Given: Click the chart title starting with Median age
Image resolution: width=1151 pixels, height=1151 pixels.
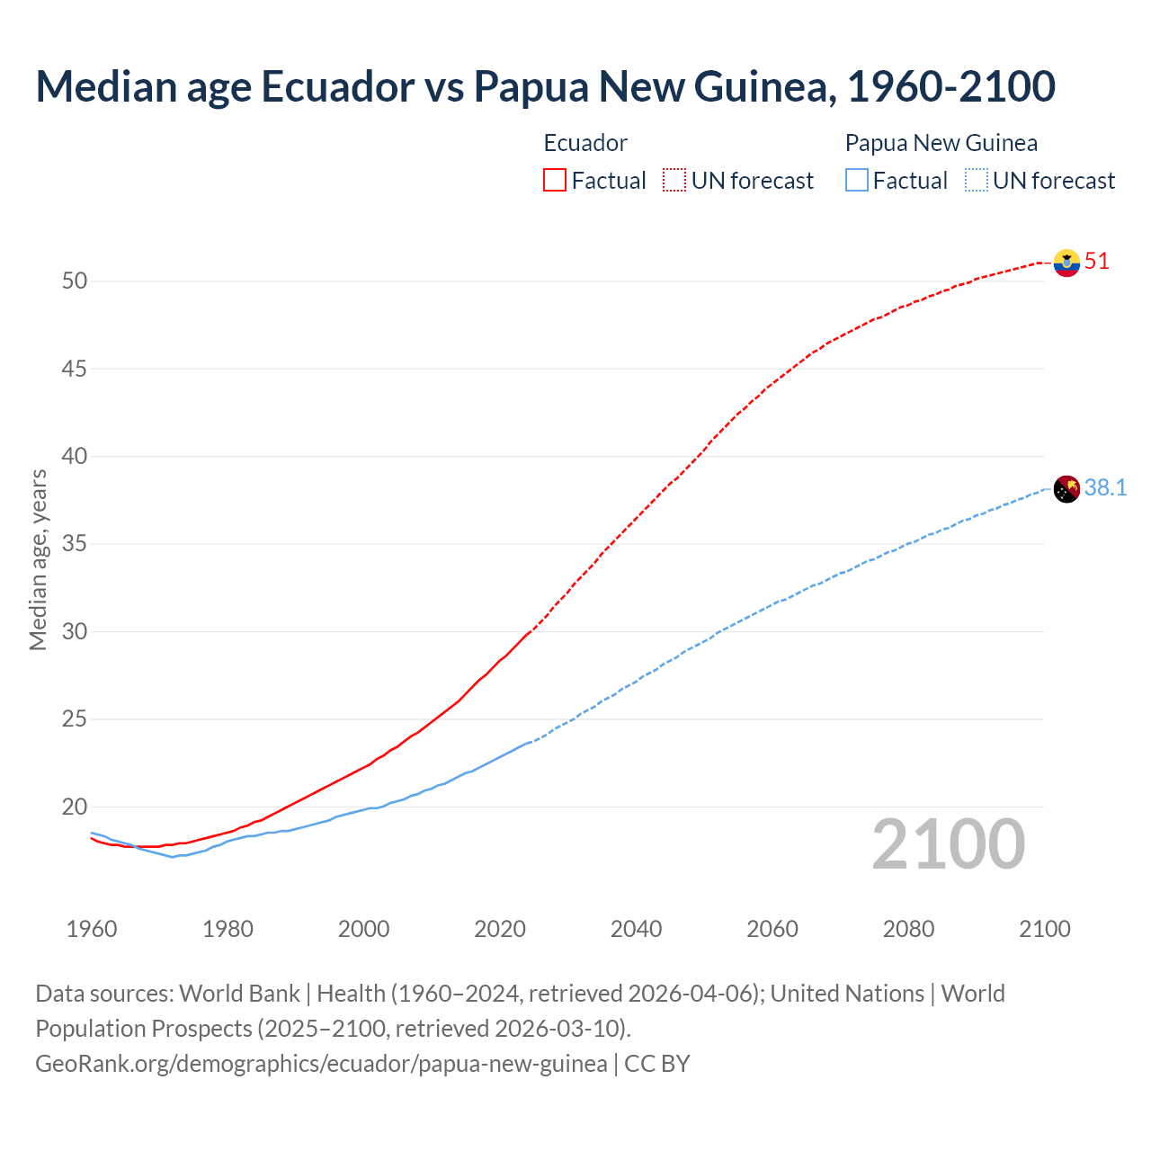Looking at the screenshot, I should pyautogui.click(x=545, y=86).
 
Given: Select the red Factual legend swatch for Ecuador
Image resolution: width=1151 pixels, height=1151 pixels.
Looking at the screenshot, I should pyautogui.click(x=555, y=180).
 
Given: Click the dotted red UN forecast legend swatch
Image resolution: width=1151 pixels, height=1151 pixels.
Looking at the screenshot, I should pyautogui.click(x=674, y=180).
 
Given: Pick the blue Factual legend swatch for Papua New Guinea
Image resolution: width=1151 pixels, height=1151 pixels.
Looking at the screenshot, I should pyautogui.click(x=857, y=180).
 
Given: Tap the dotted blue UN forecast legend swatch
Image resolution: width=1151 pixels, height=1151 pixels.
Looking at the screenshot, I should pyautogui.click(x=976, y=180).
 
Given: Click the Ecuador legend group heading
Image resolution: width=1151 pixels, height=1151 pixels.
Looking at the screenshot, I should pyautogui.click(x=585, y=143).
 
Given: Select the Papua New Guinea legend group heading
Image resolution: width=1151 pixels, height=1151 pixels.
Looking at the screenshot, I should pyautogui.click(x=941, y=143).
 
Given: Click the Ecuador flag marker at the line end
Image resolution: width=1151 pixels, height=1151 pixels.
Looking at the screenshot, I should pyautogui.click(x=1066, y=263).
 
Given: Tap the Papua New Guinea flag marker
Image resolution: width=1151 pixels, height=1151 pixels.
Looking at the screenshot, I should pyautogui.click(x=1066, y=489).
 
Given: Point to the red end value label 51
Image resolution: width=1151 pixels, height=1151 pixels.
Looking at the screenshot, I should pyautogui.click(x=1097, y=262).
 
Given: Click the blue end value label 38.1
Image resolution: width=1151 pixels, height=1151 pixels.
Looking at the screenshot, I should pyautogui.click(x=1105, y=487).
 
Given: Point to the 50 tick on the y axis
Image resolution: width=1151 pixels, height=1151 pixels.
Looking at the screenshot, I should pyautogui.click(x=75, y=281).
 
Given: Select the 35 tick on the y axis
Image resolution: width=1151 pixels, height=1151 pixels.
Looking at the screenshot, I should pyautogui.click(x=75, y=544).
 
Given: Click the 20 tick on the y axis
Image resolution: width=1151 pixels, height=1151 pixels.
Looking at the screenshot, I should pyautogui.click(x=75, y=807).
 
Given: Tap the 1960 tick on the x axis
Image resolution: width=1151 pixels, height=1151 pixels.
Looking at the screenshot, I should pyautogui.click(x=92, y=929).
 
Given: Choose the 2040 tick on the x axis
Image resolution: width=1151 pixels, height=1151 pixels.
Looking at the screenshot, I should pyautogui.click(x=636, y=929).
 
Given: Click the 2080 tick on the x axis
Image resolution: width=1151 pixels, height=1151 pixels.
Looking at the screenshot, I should pyautogui.click(x=908, y=929).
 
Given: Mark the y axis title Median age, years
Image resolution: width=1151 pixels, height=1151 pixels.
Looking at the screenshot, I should pyautogui.click(x=38, y=559).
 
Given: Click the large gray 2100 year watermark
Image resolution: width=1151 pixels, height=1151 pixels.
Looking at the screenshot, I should pyautogui.click(x=948, y=844).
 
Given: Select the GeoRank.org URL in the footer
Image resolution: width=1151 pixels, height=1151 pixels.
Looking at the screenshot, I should pyautogui.click(x=321, y=1064).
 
